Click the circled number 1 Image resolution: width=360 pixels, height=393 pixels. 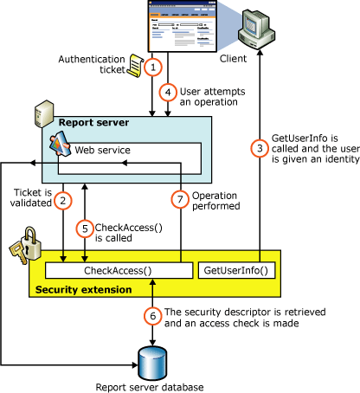[x=154, y=67]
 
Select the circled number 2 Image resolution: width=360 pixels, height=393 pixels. [x=63, y=201]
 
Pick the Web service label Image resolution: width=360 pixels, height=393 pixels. [x=101, y=150]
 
